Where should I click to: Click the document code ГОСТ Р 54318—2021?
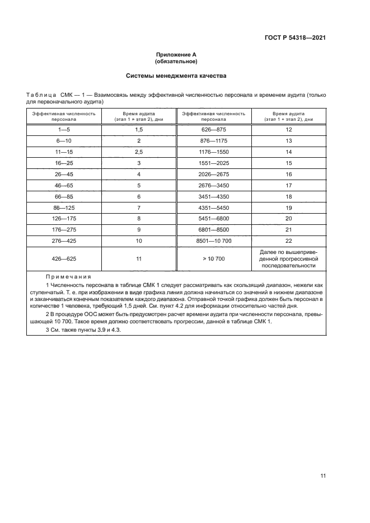coord(294,38)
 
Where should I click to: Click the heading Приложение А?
coord(176,55)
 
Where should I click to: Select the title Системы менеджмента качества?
coord(176,76)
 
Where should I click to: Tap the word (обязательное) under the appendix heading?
coord(176,62)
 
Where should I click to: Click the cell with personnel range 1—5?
coord(64,129)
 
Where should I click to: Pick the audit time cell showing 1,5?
coord(139,129)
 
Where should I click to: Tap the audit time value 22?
coord(289,240)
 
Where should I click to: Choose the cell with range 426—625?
coord(64,259)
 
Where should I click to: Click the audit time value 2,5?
coord(139,152)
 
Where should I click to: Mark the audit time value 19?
coord(289,207)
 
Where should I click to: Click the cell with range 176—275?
coord(64,229)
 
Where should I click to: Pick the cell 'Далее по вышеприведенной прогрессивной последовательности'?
coord(289,259)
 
